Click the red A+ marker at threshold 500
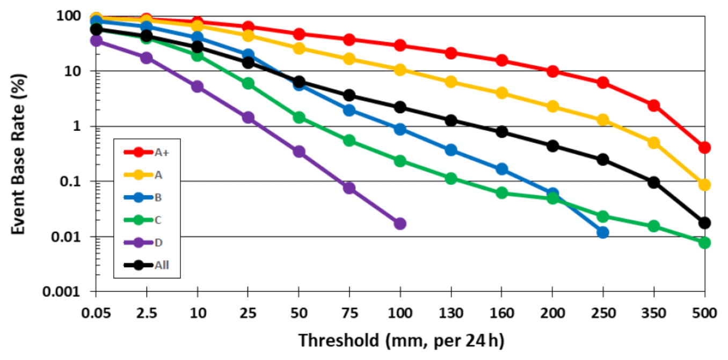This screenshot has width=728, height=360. (x=704, y=148)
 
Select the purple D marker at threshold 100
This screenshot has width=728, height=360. (x=400, y=223)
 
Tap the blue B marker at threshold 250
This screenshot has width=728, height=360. (x=603, y=232)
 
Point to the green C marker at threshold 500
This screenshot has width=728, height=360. (x=704, y=243)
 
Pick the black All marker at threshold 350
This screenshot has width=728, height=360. (x=654, y=182)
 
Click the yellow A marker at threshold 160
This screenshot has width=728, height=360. (x=502, y=93)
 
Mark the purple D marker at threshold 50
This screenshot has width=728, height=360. (x=299, y=151)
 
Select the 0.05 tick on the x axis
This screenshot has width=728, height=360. (x=96, y=313)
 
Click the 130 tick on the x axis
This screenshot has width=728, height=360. (x=451, y=313)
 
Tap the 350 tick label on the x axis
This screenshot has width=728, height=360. (x=653, y=313)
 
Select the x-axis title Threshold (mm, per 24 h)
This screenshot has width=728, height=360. (x=401, y=341)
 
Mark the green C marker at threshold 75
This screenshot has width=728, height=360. (x=350, y=141)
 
